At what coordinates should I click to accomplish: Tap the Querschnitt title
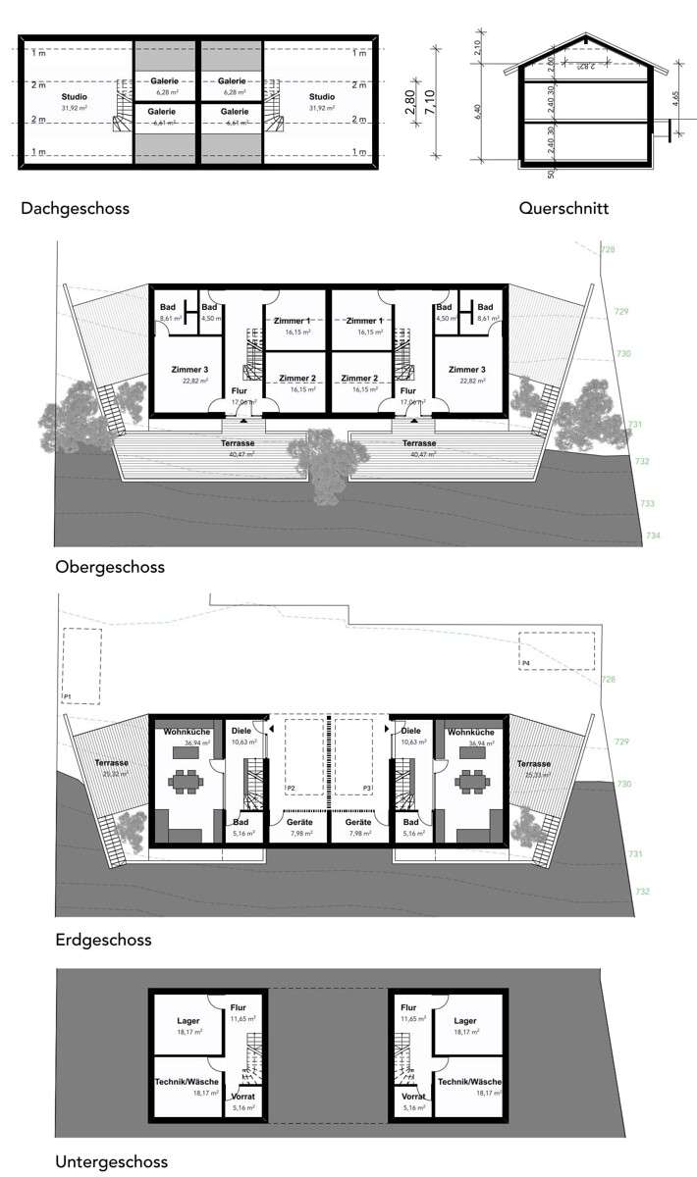(x=564, y=208)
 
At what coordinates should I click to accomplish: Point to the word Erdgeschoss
(x=103, y=940)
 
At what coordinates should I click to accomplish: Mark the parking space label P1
(x=68, y=696)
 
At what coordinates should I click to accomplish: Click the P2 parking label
(x=291, y=789)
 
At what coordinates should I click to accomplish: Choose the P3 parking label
(x=367, y=789)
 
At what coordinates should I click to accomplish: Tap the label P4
(x=526, y=664)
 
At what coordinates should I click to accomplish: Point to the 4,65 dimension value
(x=676, y=101)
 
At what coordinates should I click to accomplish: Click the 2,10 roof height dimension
(x=477, y=46)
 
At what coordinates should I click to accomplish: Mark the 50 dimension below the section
(x=552, y=174)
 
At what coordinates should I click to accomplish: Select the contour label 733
(x=648, y=503)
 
